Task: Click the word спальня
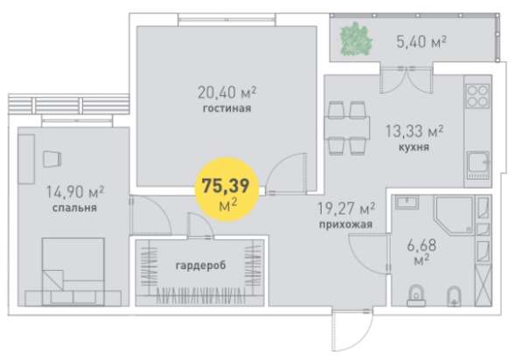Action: click(73, 209)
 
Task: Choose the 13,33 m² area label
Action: click(414, 132)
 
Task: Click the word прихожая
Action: click(347, 224)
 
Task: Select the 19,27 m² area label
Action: click(346, 208)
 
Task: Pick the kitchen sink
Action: click(478, 163)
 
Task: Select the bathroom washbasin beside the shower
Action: click(408, 204)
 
